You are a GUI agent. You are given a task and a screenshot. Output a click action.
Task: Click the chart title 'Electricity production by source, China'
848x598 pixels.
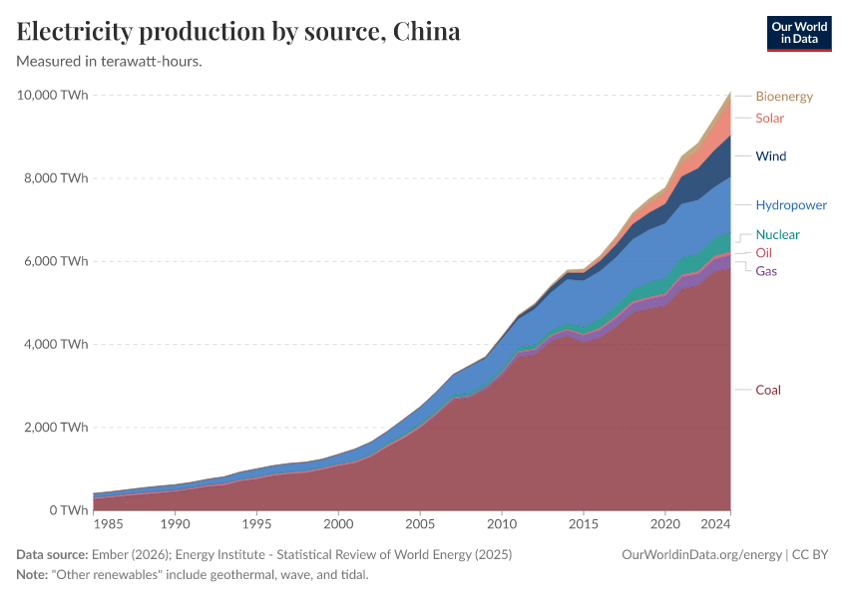pos(238,32)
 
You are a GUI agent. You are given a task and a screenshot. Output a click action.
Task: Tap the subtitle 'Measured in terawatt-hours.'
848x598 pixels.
pos(110,62)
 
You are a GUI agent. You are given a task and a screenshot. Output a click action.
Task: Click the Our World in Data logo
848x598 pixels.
pos(798,33)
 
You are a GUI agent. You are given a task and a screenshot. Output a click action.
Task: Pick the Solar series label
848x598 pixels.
pos(769,119)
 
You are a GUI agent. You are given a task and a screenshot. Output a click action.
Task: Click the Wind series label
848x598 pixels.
pos(771,156)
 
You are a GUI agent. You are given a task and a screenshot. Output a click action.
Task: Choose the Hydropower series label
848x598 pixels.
pos(791,205)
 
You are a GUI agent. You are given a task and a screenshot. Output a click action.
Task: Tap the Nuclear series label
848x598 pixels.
pos(777,235)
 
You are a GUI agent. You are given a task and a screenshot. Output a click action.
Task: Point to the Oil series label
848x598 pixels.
pos(763,253)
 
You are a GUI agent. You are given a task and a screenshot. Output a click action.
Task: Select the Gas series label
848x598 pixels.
pos(766,271)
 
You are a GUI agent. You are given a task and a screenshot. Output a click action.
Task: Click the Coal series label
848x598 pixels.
pos(768,390)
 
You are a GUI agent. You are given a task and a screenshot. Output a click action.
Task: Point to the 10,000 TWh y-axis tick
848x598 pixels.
pos(53,96)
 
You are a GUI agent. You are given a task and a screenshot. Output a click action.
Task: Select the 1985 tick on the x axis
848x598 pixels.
pos(110,523)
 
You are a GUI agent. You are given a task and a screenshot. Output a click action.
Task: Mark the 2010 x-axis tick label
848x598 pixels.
pos(502,523)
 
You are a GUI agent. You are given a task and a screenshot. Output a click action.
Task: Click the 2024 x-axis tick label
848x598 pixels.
pos(715,523)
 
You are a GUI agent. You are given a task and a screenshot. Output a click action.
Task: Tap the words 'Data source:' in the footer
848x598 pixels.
pos(52,554)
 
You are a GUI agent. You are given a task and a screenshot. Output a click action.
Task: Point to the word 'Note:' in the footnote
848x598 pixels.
pos(34,574)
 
